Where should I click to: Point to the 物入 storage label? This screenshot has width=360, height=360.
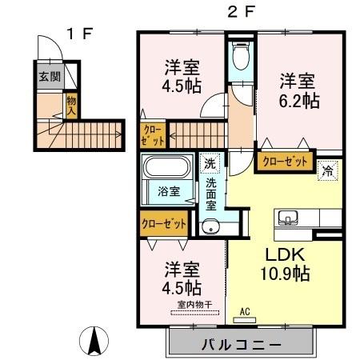71,105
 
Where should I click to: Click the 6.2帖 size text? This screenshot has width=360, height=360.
297,102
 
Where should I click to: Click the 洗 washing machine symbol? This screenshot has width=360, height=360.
209,164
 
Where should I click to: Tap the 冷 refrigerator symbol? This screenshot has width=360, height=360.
326,170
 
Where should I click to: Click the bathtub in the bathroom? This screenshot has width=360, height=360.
166,169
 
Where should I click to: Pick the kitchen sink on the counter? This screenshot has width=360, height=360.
287,218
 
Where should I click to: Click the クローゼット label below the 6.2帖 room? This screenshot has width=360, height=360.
286,161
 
